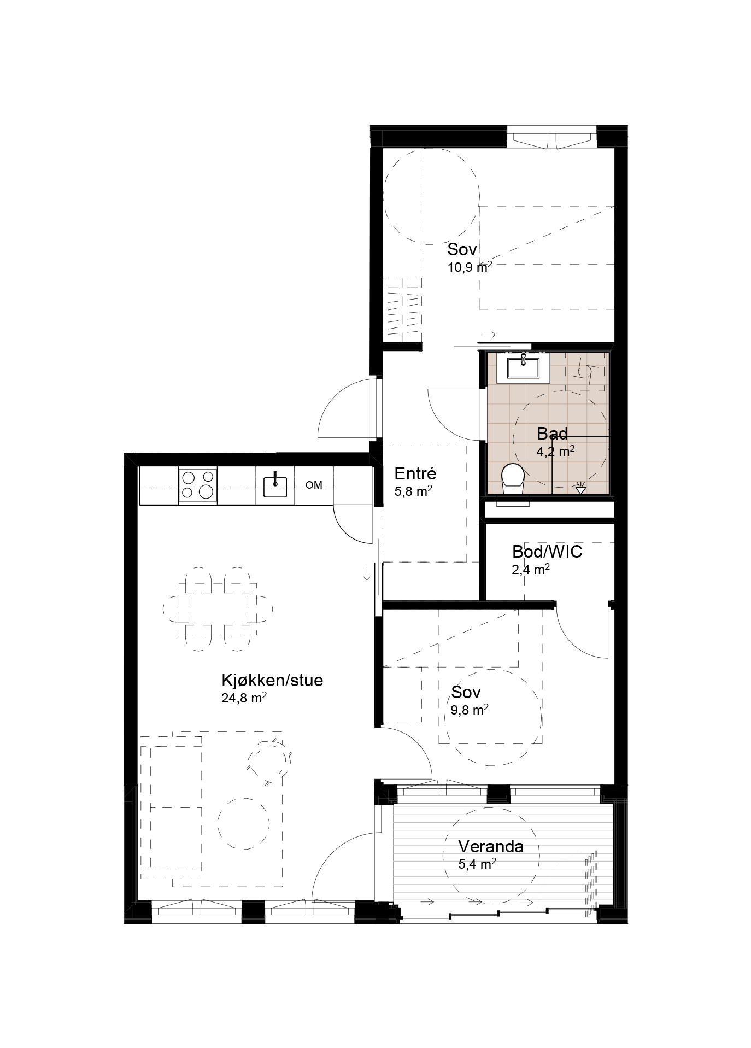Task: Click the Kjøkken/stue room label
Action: click(272, 681)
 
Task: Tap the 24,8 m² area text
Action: click(244, 698)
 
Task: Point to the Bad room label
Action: click(552, 434)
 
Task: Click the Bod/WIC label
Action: click(547, 552)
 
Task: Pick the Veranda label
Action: click(491, 847)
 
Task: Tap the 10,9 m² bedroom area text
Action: click(470, 267)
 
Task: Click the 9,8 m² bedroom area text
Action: click(470, 710)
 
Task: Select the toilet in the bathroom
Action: click(513, 479)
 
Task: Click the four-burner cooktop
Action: click(197, 485)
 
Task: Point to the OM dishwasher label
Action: click(314, 485)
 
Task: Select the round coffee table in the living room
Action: click(243, 823)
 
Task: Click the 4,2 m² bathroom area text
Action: click(555, 451)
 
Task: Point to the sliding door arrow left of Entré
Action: click(366, 573)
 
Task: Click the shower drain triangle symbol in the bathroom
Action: click(580, 488)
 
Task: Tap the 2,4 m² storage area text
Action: click(531, 569)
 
